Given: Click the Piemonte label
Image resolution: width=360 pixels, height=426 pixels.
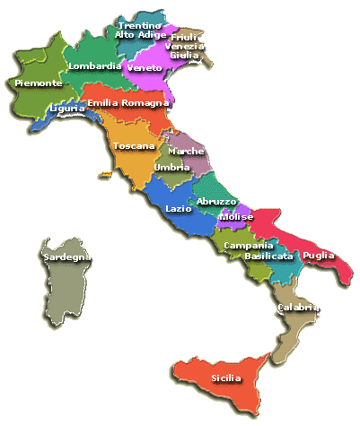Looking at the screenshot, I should pyautogui.click(x=39, y=83).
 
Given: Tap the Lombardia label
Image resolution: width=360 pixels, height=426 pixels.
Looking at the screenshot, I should pyautogui.click(x=95, y=66).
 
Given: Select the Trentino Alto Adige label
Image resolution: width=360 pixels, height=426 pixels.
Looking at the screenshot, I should pyautogui.click(x=141, y=30).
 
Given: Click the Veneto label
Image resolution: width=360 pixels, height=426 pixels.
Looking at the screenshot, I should pyautogui.click(x=145, y=68).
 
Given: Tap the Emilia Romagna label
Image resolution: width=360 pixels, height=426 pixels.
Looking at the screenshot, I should pyautogui.click(x=128, y=103).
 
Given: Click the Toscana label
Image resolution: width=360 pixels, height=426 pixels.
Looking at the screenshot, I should pyautogui.click(x=134, y=145).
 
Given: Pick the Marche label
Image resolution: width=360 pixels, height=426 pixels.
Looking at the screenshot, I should pyautogui.click(x=186, y=152).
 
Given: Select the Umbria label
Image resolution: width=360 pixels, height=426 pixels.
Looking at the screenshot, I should pyautogui.click(x=171, y=168).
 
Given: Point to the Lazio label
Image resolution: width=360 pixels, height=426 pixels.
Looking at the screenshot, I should pyautogui.click(x=179, y=208).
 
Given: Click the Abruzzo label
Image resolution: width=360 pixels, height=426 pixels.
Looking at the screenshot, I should pyautogui.click(x=216, y=201).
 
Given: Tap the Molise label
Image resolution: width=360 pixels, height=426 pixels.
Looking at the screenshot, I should pyautogui.click(x=236, y=217).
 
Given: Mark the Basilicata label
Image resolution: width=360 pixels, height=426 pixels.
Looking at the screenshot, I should pyautogui.click(x=268, y=256).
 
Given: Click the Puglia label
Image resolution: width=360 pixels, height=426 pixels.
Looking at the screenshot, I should pyautogui.click(x=319, y=256).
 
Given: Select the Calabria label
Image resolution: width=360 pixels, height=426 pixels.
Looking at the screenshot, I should pyautogui.click(x=299, y=308).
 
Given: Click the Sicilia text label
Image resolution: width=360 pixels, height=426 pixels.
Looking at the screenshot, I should pyautogui.click(x=226, y=378).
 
